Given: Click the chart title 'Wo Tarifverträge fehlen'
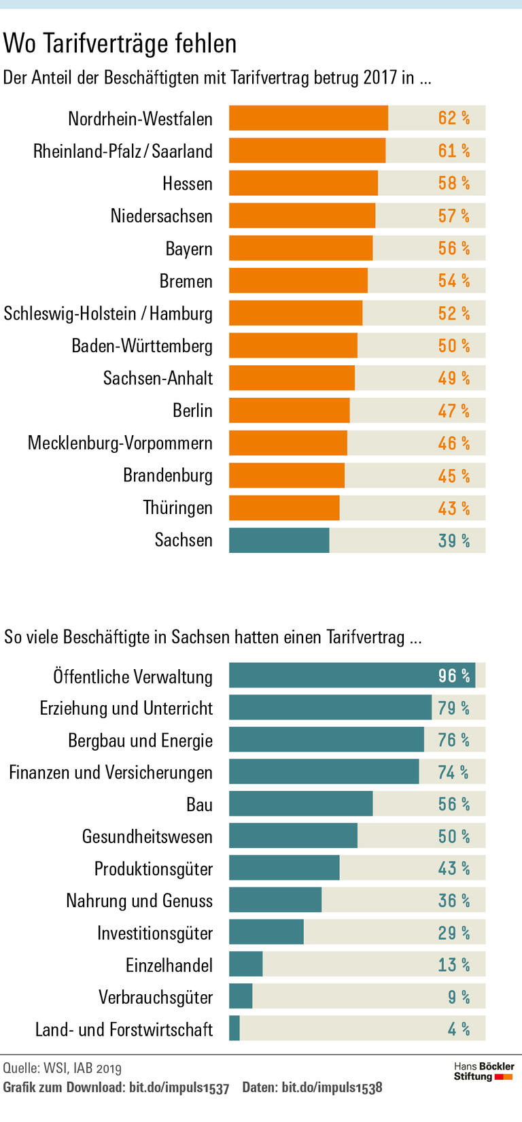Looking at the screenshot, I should (120, 44).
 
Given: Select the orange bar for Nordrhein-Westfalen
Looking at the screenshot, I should (308, 118).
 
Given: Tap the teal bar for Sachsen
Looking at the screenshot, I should (279, 541).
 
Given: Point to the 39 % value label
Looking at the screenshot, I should (453, 541).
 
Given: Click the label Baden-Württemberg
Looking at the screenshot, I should (142, 346).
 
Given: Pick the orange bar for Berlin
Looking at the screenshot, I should (289, 411).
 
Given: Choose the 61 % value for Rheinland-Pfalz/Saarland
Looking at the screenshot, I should (453, 151).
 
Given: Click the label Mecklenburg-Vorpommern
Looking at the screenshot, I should (120, 443).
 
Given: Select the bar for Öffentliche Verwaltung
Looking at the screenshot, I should (351, 676).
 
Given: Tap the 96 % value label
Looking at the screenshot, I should (453, 676).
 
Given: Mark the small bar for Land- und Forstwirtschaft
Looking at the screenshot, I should (234, 1028).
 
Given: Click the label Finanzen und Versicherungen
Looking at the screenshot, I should (111, 772).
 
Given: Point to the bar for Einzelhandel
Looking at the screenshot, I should (245, 964).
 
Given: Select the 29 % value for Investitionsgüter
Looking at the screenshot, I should (453, 932).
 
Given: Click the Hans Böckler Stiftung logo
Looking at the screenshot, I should (484, 1072).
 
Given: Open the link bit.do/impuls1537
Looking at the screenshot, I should (179, 1087).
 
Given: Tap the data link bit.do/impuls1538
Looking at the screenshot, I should (332, 1087).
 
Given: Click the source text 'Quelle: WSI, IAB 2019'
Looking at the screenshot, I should (63, 1068).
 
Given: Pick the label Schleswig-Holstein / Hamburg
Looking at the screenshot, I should (108, 313).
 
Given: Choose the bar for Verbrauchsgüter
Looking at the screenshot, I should (241, 996).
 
